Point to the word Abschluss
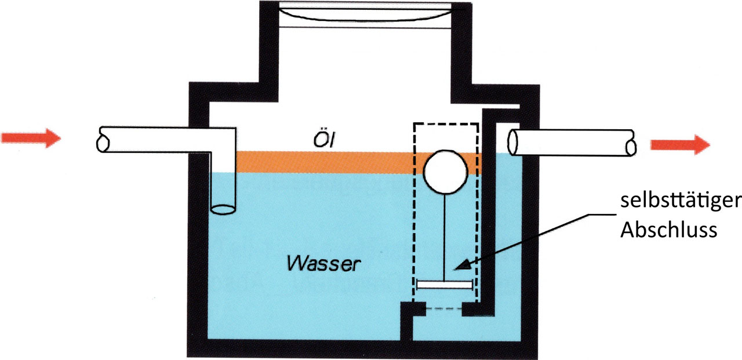(669, 230)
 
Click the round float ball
(445, 172)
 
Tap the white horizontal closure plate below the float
(445, 285)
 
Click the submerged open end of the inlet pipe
(224, 208)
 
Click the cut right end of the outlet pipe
(630, 143)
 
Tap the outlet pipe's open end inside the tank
(514, 142)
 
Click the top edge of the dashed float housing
(445, 123)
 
